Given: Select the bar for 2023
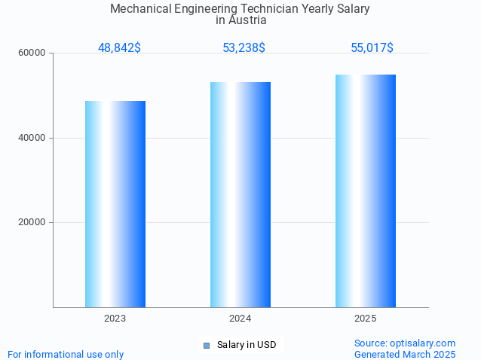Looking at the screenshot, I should tap(115, 203).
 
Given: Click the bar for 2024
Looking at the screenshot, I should tap(240, 194).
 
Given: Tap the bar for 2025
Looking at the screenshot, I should tap(366, 191).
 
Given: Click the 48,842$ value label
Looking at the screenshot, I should tap(119, 48).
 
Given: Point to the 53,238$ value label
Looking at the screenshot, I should tap(244, 48).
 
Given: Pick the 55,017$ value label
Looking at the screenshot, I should tap(372, 48).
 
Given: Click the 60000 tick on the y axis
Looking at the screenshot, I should tap(32, 53).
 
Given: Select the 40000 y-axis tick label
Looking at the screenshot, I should tap(32, 138).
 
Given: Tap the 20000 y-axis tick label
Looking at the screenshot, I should tap(32, 222).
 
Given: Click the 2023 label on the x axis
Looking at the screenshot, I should tap(115, 319).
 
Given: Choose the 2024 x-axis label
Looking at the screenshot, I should tap(240, 319).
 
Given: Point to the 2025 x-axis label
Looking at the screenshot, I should tap(366, 319).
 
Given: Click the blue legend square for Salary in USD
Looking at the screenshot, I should tap(206, 346).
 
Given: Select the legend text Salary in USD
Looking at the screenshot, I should tap(247, 345).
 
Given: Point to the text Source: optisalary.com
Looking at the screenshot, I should tap(405, 343).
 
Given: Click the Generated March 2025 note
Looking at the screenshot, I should tap(405, 354).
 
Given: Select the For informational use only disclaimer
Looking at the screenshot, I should tap(66, 354).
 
